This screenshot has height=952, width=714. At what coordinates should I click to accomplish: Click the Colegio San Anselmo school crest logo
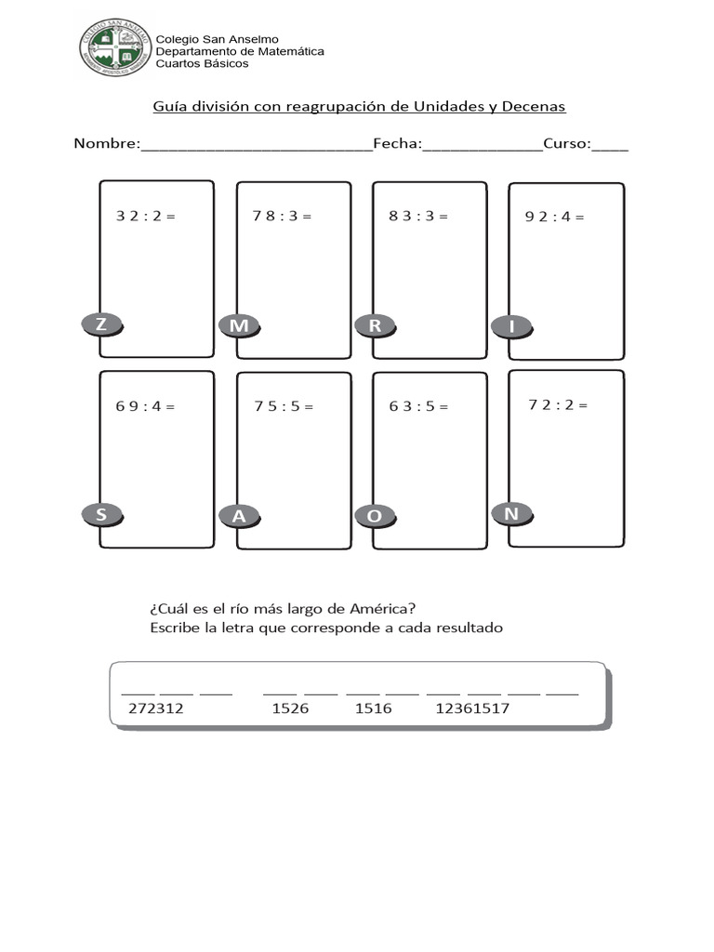point(115,47)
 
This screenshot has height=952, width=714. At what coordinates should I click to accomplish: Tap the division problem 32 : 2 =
point(146,216)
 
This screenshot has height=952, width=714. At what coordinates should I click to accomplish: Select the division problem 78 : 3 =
point(282,216)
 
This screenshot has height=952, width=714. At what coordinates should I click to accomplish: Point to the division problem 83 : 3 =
point(418,216)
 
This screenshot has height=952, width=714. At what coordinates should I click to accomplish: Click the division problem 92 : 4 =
point(554,217)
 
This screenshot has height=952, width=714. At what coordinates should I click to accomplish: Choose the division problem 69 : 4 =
point(145,406)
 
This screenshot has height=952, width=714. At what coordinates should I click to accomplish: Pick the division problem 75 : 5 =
point(284,406)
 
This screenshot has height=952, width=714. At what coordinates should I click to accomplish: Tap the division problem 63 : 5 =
point(418,406)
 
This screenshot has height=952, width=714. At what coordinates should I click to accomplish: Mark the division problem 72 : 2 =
point(558,405)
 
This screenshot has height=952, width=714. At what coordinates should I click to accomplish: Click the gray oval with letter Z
point(102,324)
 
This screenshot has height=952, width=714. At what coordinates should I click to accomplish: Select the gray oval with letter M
point(239,326)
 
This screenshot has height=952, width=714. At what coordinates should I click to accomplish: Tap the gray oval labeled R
point(376,326)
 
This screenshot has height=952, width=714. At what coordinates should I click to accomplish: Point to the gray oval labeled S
point(102,515)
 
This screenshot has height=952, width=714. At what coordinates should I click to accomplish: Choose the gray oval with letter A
point(239,516)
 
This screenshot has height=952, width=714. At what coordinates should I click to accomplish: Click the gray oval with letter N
point(512,514)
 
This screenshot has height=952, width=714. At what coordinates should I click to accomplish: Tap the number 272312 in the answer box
point(156,708)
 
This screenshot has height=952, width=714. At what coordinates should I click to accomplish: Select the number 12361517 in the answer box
point(472,708)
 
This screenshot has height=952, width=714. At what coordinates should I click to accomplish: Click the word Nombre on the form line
point(107,143)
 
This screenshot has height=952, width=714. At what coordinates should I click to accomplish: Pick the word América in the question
point(382,608)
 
